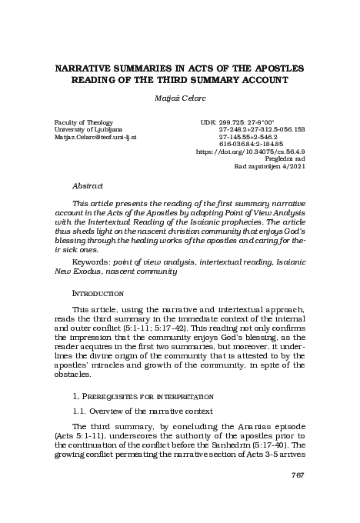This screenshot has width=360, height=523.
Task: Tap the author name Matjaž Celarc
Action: pos(179,99)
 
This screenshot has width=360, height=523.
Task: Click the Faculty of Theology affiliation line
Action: pos(83,122)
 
